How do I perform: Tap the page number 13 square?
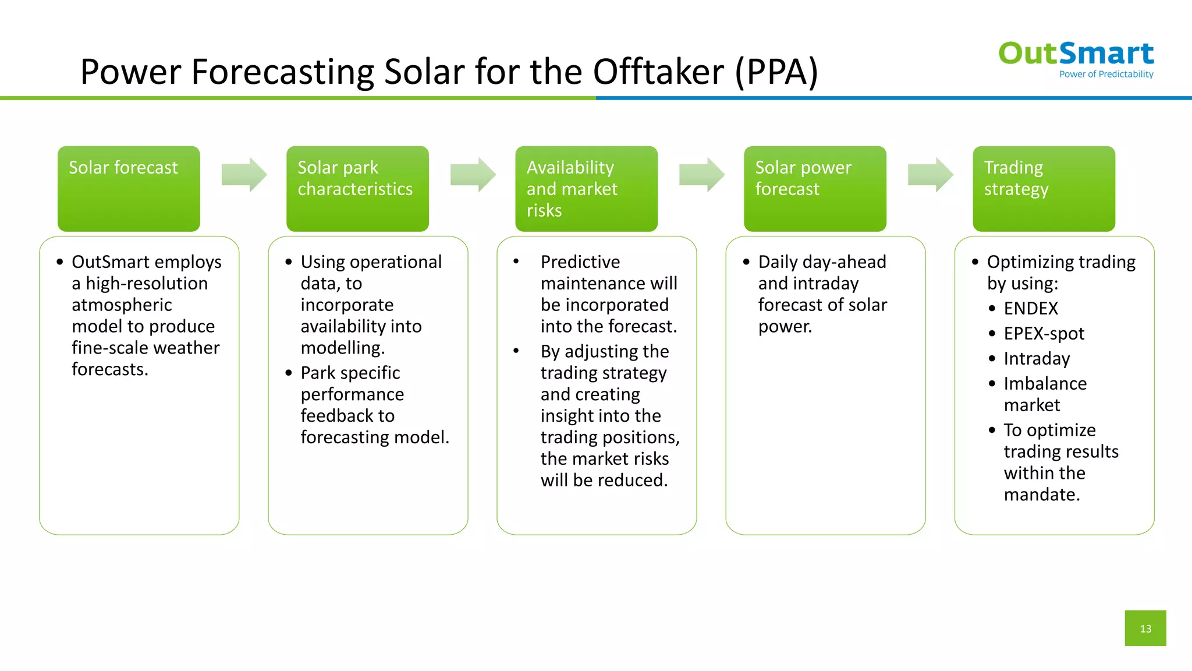(1145, 628)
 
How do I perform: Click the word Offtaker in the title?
(658, 72)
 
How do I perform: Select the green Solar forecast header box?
(129, 188)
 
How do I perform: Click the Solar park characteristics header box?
(357, 188)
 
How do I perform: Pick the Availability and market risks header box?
(586, 188)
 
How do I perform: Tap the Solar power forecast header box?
(815, 188)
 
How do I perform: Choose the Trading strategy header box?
(1044, 188)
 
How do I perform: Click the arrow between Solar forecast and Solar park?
(244, 174)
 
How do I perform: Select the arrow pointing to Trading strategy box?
(930, 174)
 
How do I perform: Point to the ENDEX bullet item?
(1030, 308)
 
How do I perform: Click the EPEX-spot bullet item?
(1044, 333)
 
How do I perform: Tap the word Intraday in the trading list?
(1037, 358)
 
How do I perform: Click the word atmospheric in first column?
(122, 305)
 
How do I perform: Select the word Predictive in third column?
(580, 262)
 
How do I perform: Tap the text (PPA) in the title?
(776, 72)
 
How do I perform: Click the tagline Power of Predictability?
(1106, 74)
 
